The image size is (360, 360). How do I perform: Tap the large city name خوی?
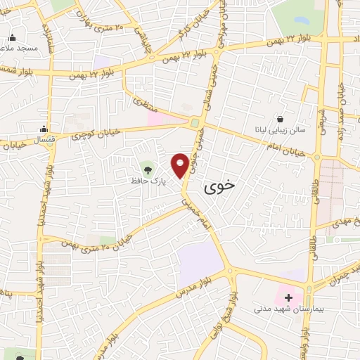220,187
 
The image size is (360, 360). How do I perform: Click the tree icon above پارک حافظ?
147,168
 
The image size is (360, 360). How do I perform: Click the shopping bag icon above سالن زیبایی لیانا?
281,119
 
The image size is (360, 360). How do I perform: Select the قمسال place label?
44,139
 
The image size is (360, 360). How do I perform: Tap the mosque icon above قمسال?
44,128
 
